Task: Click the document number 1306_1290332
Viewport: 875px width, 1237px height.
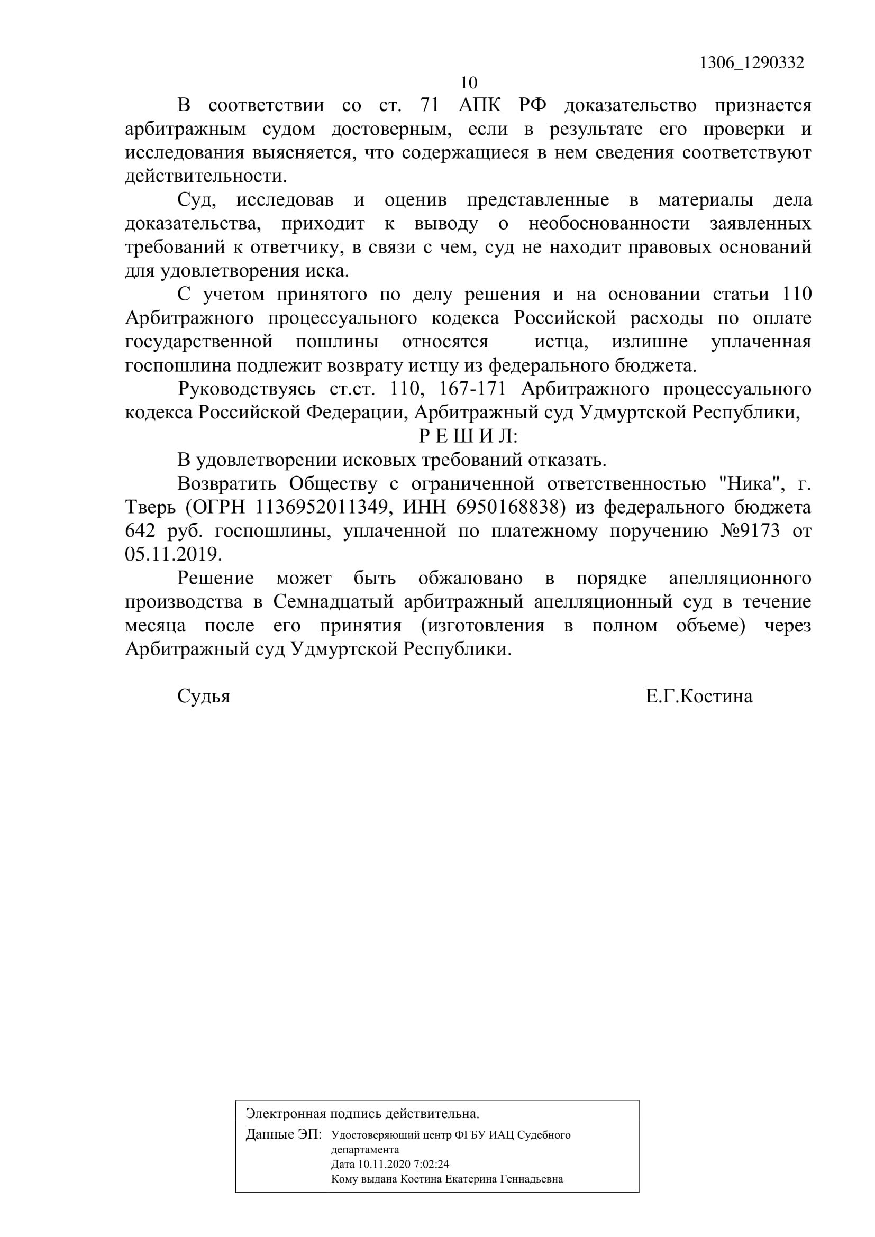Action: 752,63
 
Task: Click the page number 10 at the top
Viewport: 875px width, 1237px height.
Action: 469,83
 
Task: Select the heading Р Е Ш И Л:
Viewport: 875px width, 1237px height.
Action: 468,436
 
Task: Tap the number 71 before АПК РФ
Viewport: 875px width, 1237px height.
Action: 430,105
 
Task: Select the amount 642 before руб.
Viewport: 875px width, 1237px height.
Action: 140,531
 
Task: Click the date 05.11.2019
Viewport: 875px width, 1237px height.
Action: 173,554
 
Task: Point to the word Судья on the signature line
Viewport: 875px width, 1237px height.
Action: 204,697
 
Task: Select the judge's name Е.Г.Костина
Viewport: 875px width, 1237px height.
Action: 699,697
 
